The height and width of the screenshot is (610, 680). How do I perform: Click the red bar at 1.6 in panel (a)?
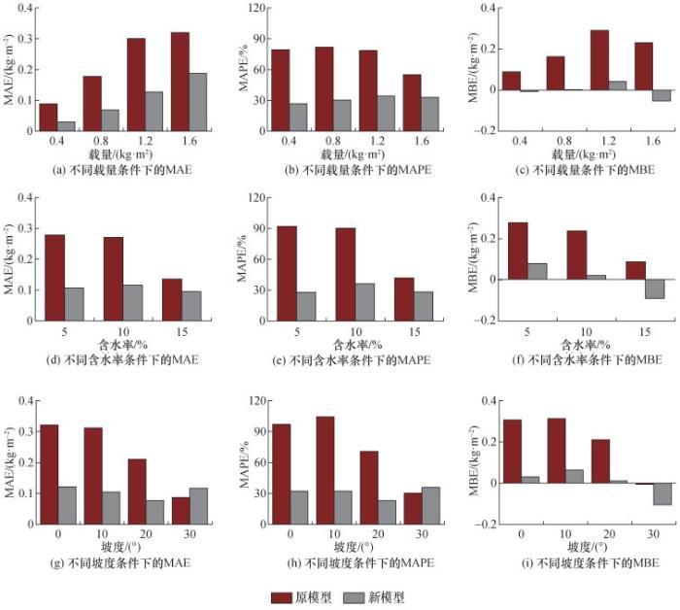[180, 81]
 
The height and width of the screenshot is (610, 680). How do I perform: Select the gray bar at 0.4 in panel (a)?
[66, 125]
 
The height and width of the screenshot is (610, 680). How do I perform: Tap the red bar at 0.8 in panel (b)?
[323, 88]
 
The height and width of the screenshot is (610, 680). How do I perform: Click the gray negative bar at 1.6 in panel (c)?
[661, 95]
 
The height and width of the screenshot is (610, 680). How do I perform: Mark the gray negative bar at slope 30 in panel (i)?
[661, 493]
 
